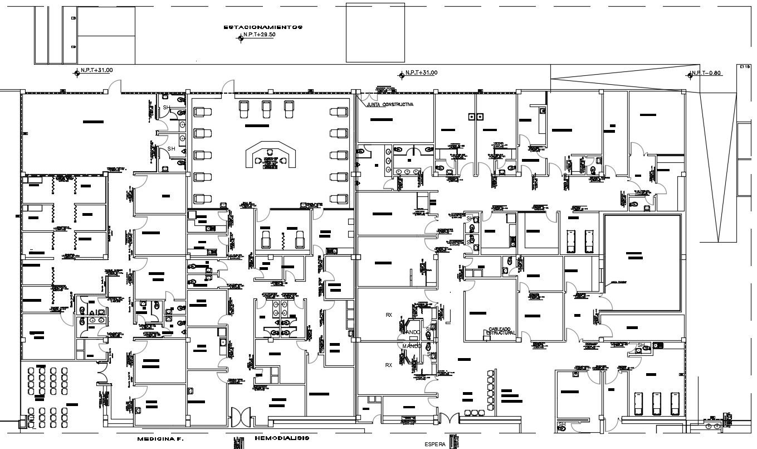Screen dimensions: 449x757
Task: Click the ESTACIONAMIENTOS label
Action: (x=262, y=27)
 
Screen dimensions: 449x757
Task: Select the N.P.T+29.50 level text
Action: (x=260, y=35)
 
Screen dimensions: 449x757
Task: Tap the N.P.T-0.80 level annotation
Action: (x=708, y=73)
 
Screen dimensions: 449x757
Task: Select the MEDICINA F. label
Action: (x=160, y=439)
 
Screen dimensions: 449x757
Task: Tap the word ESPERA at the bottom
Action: (x=435, y=445)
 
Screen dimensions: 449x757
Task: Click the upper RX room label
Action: (x=389, y=315)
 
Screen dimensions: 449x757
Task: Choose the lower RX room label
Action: (x=389, y=365)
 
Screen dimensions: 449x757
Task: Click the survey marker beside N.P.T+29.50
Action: (x=240, y=38)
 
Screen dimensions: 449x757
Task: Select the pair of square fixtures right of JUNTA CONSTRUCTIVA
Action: (x=475, y=117)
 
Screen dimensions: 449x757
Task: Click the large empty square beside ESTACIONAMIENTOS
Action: (x=368, y=32)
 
